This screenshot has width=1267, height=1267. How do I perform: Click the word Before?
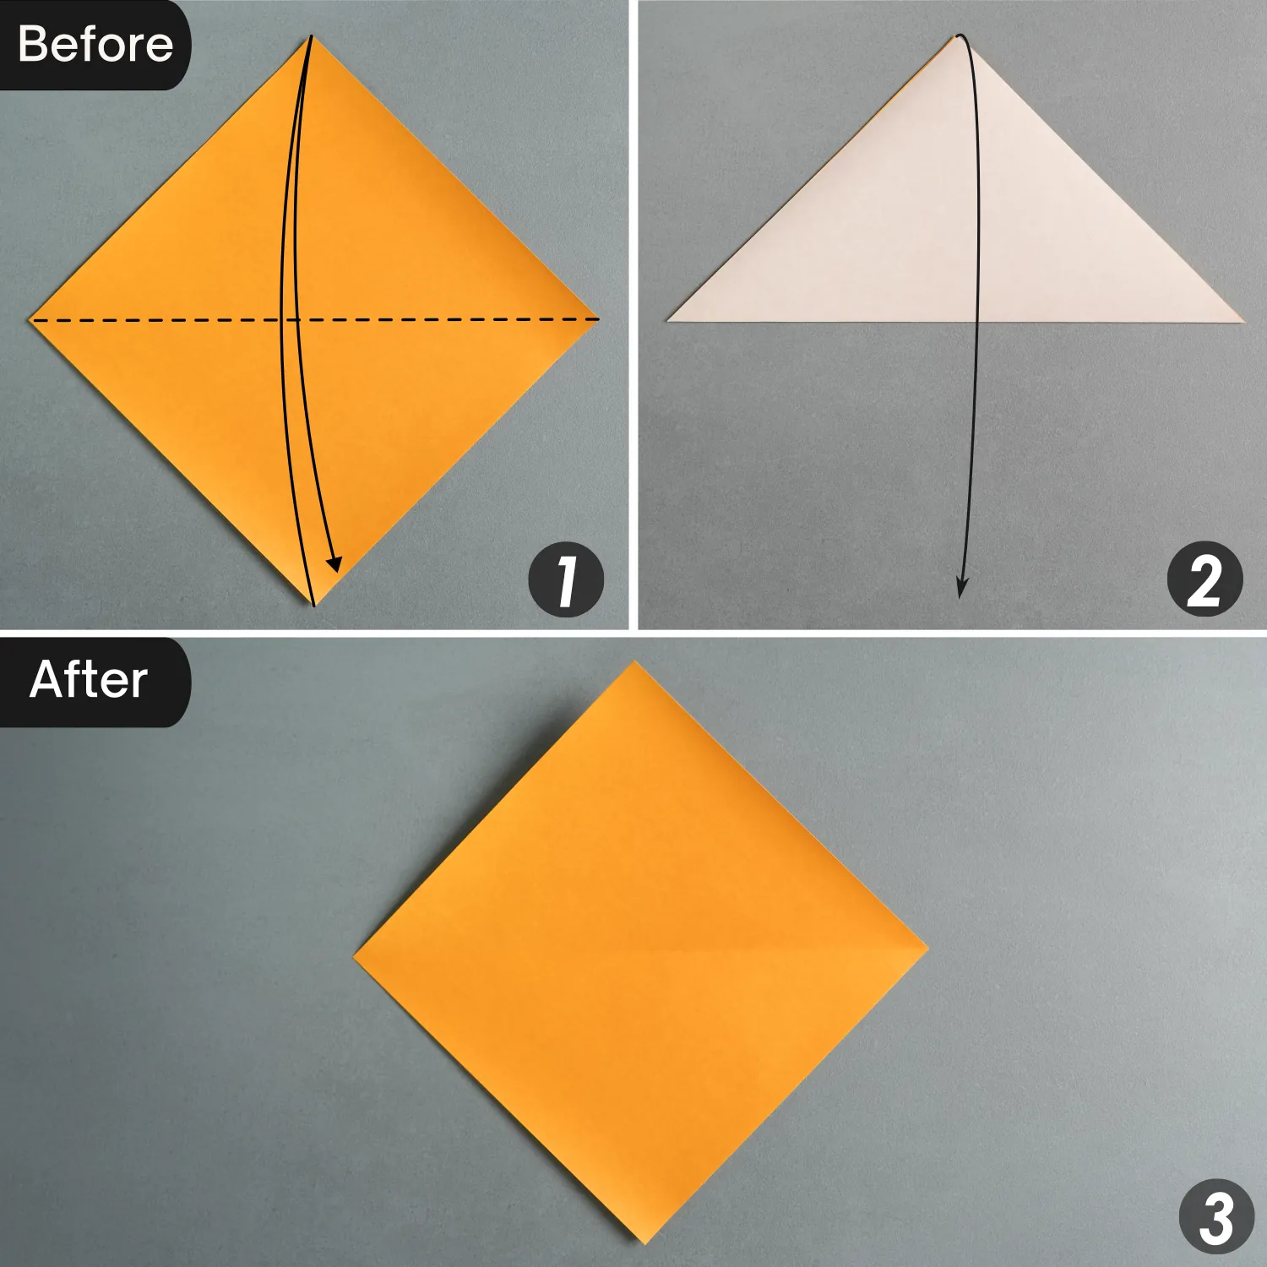tap(95, 44)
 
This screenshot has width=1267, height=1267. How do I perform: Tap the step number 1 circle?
tap(566, 580)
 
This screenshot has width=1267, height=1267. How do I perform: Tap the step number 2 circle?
tap(1204, 580)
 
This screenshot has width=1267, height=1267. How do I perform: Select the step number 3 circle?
tap(1217, 1217)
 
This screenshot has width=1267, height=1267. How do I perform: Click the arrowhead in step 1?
tap(335, 563)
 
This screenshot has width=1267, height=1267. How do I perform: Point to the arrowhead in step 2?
tap(961, 588)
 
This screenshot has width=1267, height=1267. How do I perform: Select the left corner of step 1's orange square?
tap(30, 320)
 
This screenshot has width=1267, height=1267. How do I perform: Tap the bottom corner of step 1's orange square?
tap(314, 606)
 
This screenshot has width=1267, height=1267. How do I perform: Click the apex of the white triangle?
tap(959, 35)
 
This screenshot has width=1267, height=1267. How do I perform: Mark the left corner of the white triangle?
tap(668, 320)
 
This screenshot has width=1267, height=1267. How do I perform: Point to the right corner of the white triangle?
tap(1245, 321)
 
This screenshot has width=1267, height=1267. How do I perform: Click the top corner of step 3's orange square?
tap(633, 662)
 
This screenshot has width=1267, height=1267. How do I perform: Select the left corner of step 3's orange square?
tap(353, 959)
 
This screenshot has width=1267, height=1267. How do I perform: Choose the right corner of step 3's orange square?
tap(928, 948)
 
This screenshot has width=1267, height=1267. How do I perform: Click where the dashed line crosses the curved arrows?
tap(288, 320)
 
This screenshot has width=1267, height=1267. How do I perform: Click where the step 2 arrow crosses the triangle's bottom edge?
tap(978, 321)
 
